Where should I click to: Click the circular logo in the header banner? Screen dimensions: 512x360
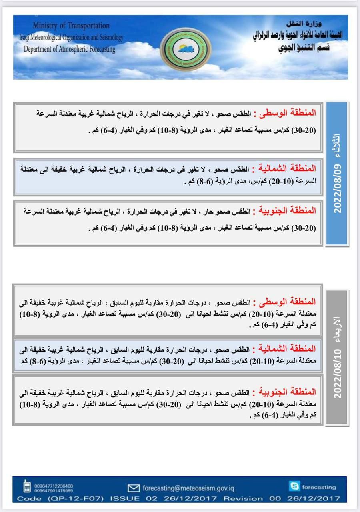(185, 49)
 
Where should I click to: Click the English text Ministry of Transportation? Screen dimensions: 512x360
(71, 26)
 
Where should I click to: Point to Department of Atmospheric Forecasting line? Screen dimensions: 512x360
(69, 50)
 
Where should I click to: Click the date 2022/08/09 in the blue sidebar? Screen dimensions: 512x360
(337, 188)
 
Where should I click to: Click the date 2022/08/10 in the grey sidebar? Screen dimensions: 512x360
(338, 374)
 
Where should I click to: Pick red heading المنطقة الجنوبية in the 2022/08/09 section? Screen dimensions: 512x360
(282, 210)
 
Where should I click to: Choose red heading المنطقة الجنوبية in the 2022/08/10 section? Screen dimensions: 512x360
(282, 391)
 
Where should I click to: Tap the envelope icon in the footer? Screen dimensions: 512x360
(133, 488)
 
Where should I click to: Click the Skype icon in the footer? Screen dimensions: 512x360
(294, 486)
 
